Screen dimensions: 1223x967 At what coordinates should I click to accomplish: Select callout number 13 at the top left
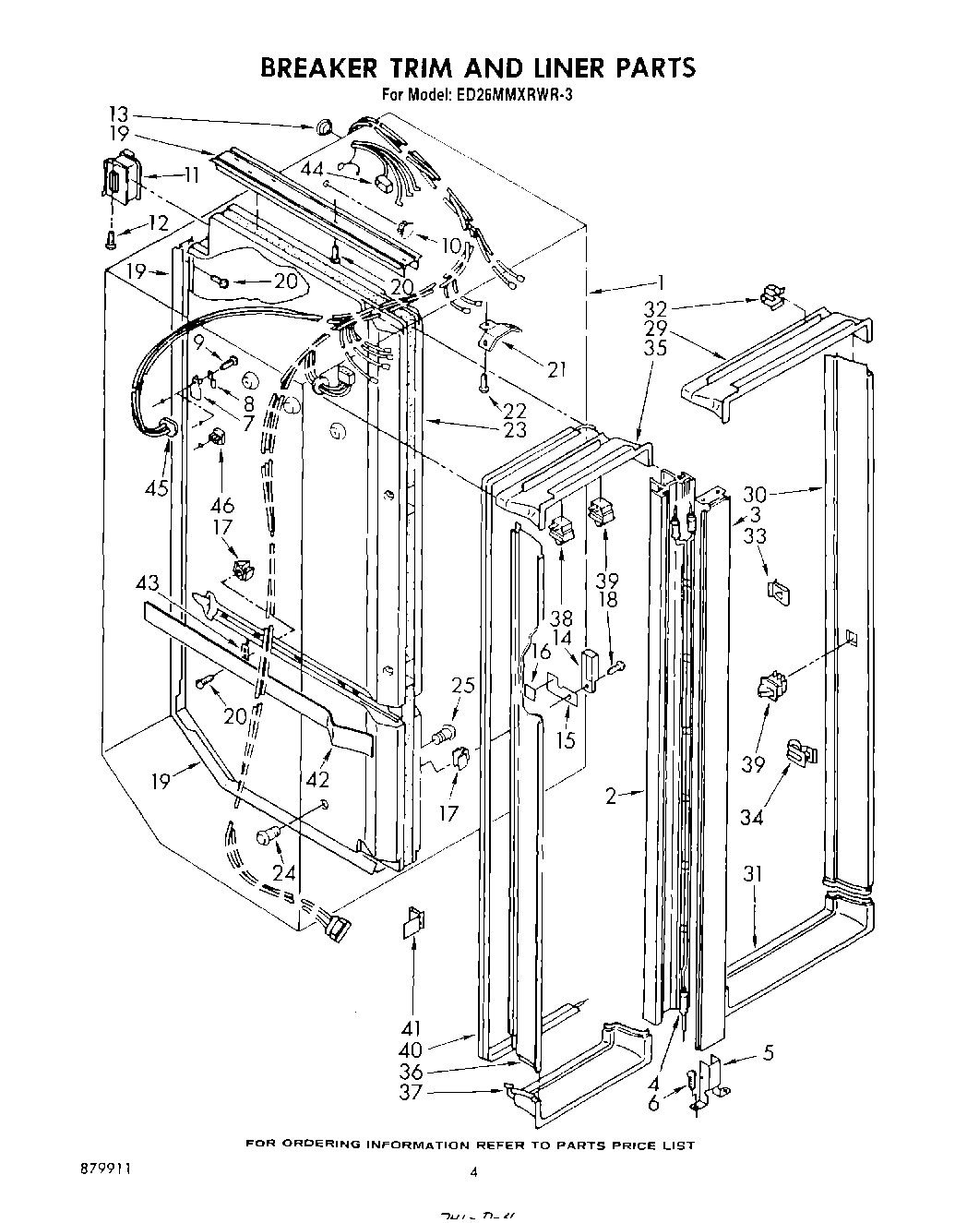point(118,115)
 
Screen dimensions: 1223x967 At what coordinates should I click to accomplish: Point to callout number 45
point(157,486)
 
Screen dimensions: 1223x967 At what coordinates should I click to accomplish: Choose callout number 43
point(148,584)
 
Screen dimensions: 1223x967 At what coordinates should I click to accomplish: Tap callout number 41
point(411,1028)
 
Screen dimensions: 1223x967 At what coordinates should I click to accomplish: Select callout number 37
point(411,1092)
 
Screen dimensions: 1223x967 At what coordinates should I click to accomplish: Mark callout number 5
point(768,1052)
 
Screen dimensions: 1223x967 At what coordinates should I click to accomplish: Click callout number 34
point(752,817)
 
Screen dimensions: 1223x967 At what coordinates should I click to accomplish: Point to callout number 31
point(754,874)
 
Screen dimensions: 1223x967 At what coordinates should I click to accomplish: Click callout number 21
point(555,370)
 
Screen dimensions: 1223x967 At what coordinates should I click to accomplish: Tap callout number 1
point(660,284)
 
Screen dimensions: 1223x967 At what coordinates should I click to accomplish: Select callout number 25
point(463,685)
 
